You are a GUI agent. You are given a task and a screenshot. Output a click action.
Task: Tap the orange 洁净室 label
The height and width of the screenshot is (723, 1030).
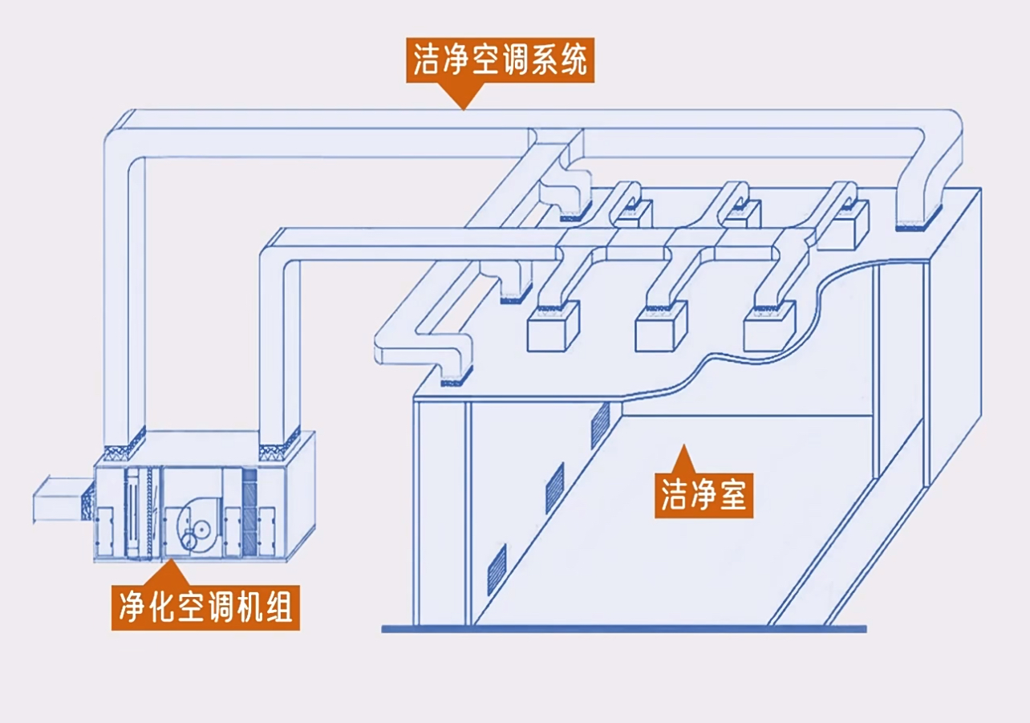click(704, 494)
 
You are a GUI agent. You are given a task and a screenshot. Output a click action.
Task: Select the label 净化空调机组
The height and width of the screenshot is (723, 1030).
click(205, 607)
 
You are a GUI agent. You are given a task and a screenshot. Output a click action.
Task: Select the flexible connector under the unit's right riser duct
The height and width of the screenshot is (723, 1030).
click(278, 440)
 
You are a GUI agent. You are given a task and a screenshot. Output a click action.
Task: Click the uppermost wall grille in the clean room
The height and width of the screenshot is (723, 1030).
click(600, 424)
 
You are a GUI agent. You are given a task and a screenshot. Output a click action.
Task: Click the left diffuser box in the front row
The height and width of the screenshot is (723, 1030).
click(554, 328)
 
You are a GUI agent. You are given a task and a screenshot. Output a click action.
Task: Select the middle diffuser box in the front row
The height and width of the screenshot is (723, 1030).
click(662, 329)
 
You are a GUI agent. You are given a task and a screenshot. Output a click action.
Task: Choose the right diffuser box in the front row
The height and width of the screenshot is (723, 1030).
click(770, 328)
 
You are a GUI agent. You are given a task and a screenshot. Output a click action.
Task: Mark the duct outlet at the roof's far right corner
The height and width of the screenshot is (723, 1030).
click(919, 221)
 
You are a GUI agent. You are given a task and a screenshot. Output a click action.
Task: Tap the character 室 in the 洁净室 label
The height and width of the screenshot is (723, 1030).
click(732, 494)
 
